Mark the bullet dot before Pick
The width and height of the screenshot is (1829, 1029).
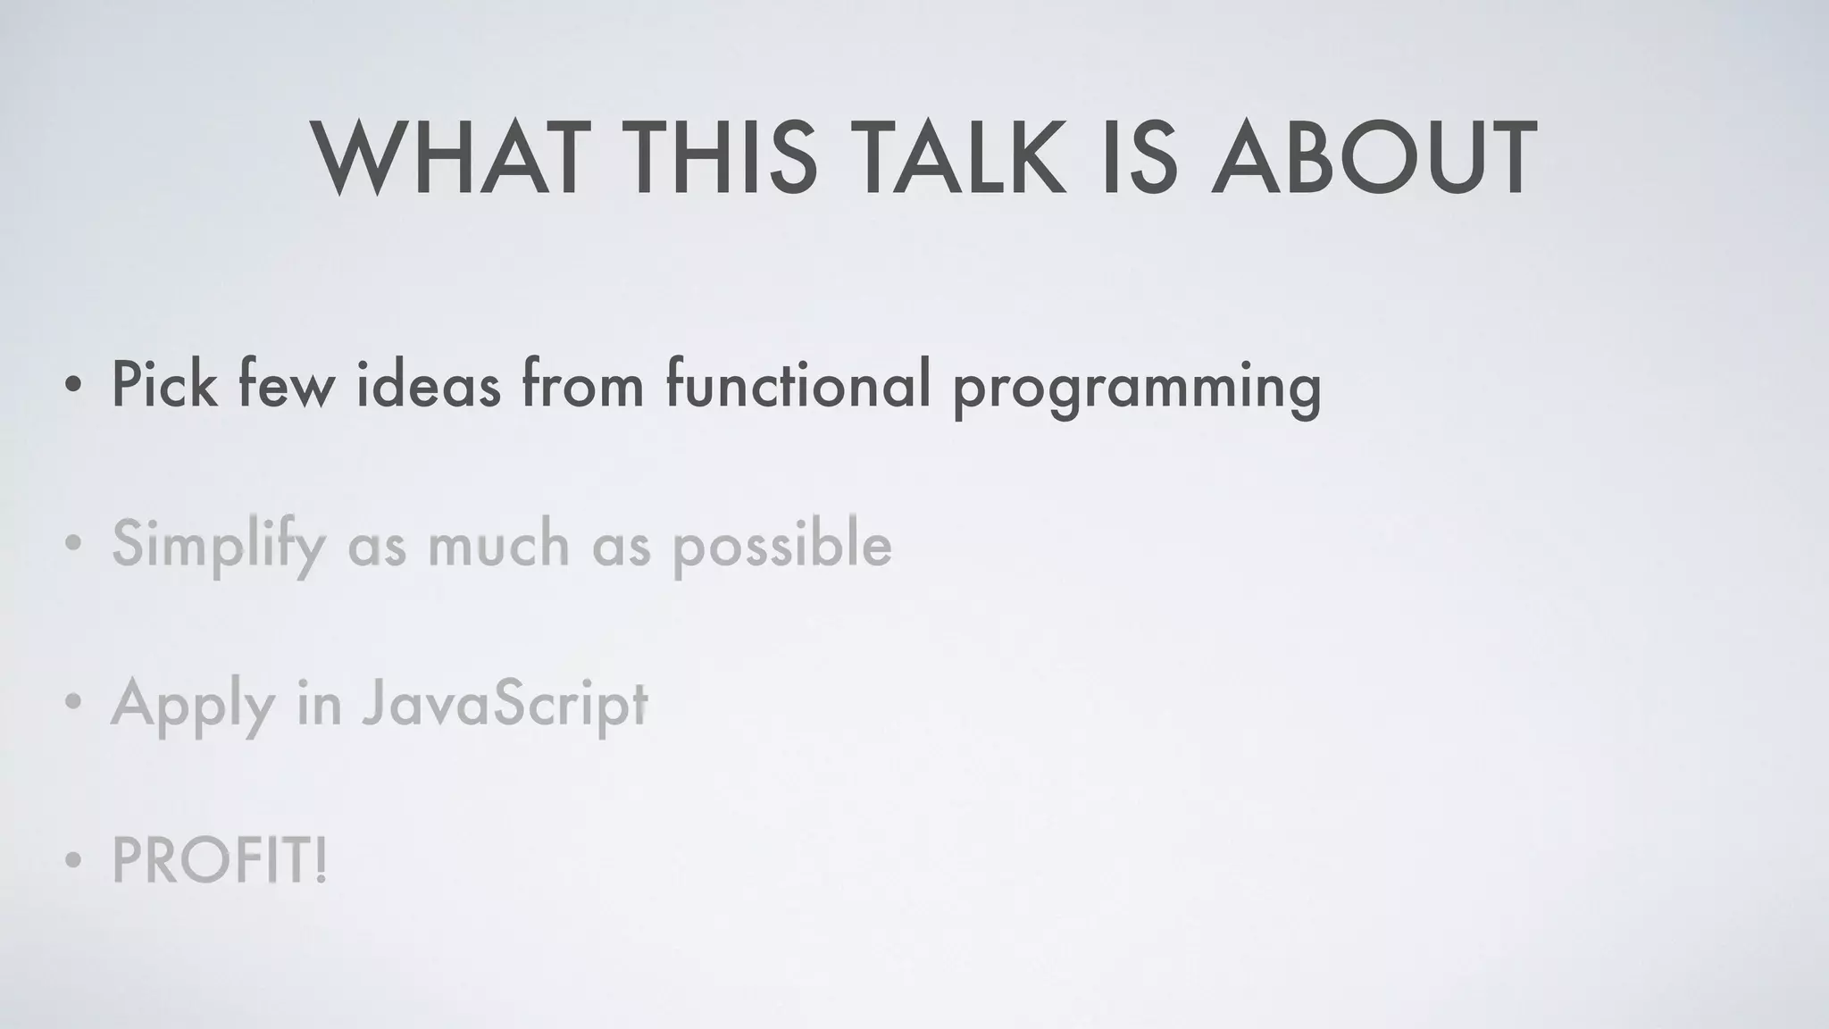click(x=73, y=387)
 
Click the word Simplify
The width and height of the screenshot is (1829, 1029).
click(x=218, y=545)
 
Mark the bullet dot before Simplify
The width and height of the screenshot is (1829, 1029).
click(x=73, y=545)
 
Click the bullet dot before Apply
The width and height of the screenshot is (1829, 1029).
click(x=73, y=703)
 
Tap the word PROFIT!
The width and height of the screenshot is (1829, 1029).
click(x=220, y=861)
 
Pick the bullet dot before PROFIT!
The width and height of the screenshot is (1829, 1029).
click(x=73, y=863)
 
